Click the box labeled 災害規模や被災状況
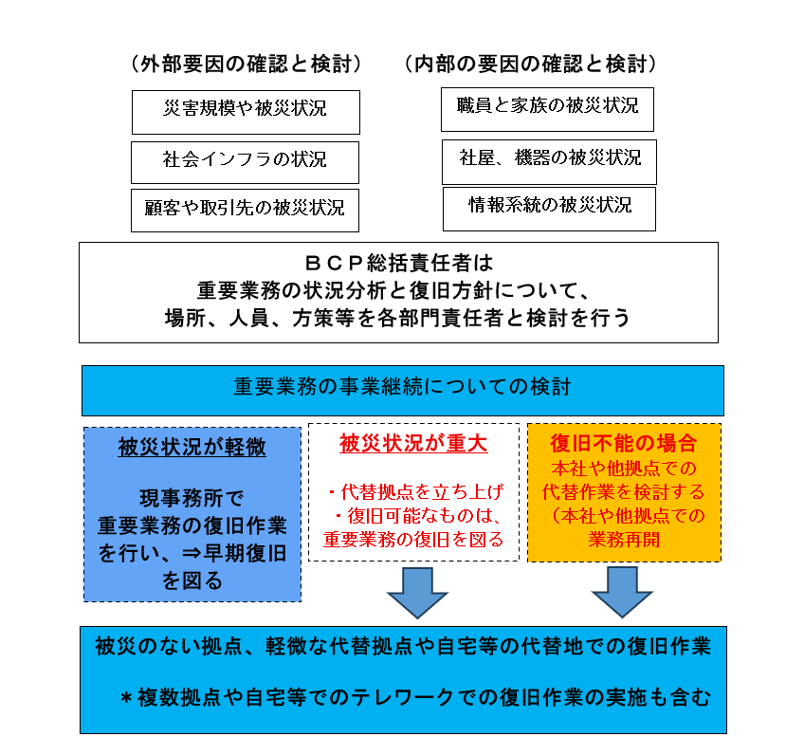tap(246, 112)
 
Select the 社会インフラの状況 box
tap(246, 162)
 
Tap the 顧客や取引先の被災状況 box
tap(246, 211)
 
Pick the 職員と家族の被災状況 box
tap(548, 109)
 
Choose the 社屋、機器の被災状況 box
tap(549, 162)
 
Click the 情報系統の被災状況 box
tap(549, 209)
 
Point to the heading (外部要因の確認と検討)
tap(247, 64)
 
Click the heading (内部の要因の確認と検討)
tap(531, 64)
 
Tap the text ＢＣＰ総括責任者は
tap(399, 263)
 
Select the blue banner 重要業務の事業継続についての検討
tap(403, 391)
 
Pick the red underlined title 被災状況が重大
tap(413, 444)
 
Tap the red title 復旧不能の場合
tap(624, 444)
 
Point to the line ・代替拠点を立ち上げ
tap(415, 492)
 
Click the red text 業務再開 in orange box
tap(624, 539)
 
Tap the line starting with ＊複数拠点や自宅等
tap(415, 697)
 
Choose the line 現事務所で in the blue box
tap(192, 498)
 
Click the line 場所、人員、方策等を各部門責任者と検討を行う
tap(397, 318)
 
